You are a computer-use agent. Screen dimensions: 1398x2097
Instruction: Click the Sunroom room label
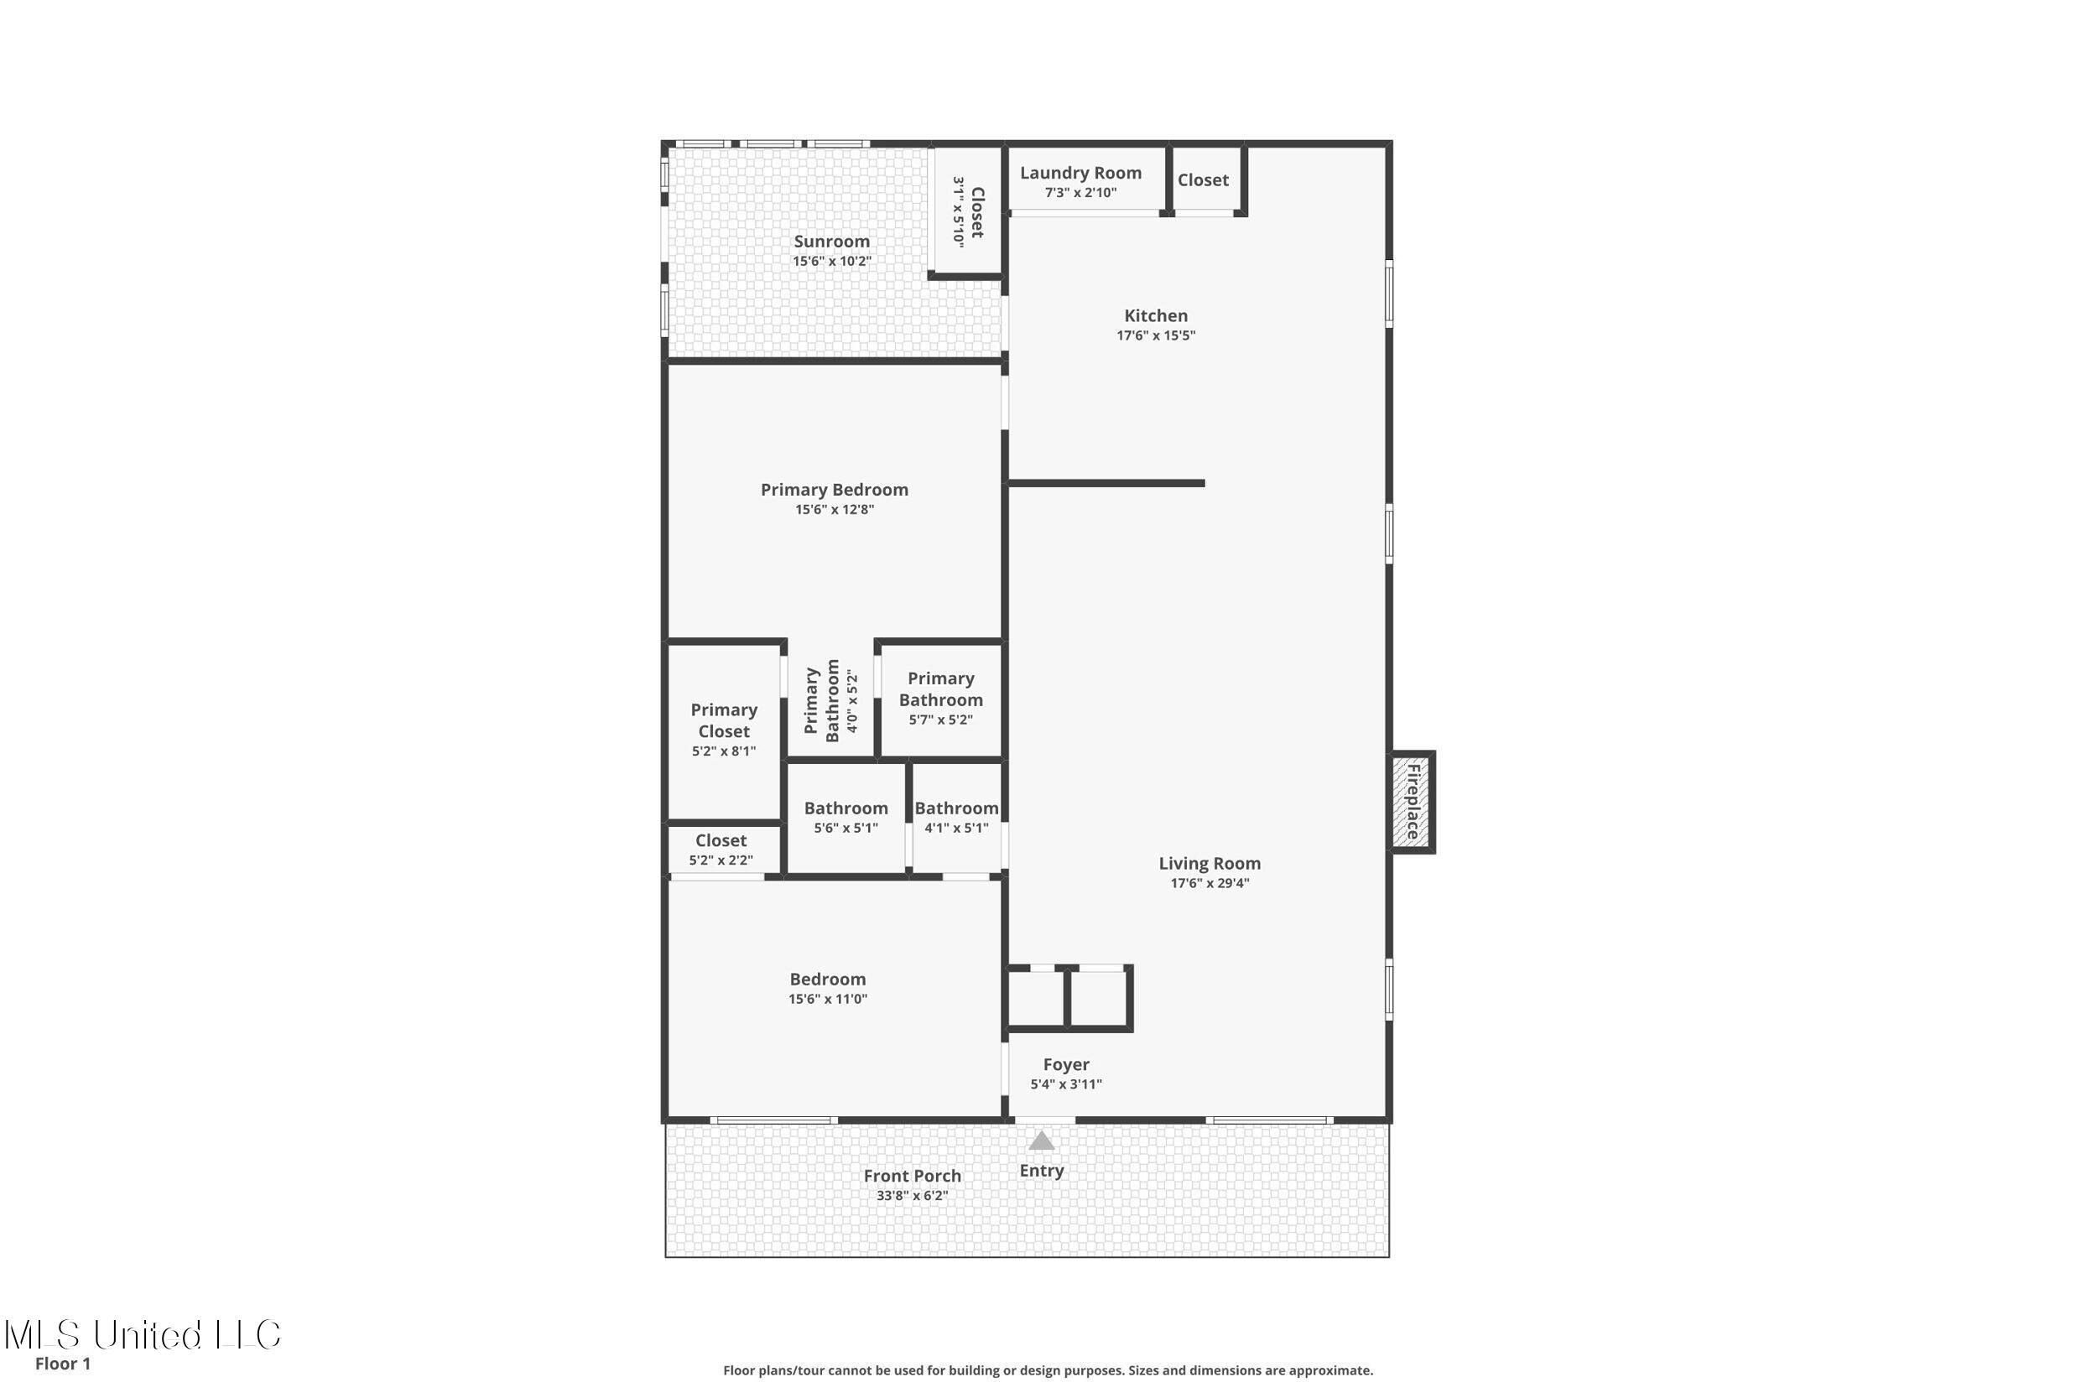pyautogui.click(x=831, y=242)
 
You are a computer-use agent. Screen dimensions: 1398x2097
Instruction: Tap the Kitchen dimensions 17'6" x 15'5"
pyautogui.click(x=1156, y=335)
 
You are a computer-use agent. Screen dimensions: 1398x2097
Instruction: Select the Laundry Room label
pyautogui.click(x=1080, y=173)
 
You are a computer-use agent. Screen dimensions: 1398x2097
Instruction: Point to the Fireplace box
pyautogui.click(x=1413, y=802)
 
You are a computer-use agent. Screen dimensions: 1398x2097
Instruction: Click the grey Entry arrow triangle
pyautogui.click(x=1041, y=1141)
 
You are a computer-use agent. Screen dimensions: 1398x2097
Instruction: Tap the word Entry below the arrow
pyautogui.click(x=1041, y=1171)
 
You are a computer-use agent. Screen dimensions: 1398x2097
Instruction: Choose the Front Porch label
pyautogui.click(x=912, y=1176)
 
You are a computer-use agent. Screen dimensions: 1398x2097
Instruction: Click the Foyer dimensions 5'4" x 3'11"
pyautogui.click(x=1065, y=1084)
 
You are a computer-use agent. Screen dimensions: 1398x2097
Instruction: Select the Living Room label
pyautogui.click(x=1209, y=863)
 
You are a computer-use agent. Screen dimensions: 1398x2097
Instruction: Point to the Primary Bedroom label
pyautogui.click(x=834, y=490)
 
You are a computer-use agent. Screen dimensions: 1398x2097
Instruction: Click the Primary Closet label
pyautogui.click(x=723, y=720)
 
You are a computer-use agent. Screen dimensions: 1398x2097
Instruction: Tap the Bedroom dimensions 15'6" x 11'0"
pyautogui.click(x=827, y=999)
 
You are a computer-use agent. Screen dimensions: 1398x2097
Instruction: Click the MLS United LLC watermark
pyautogui.click(x=143, y=1335)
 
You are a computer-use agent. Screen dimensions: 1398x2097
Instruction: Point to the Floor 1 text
pyautogui.click(x=62, y=1364)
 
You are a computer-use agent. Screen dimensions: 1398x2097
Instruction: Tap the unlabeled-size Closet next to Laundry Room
pyautogui.click(x=1203, y=180)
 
